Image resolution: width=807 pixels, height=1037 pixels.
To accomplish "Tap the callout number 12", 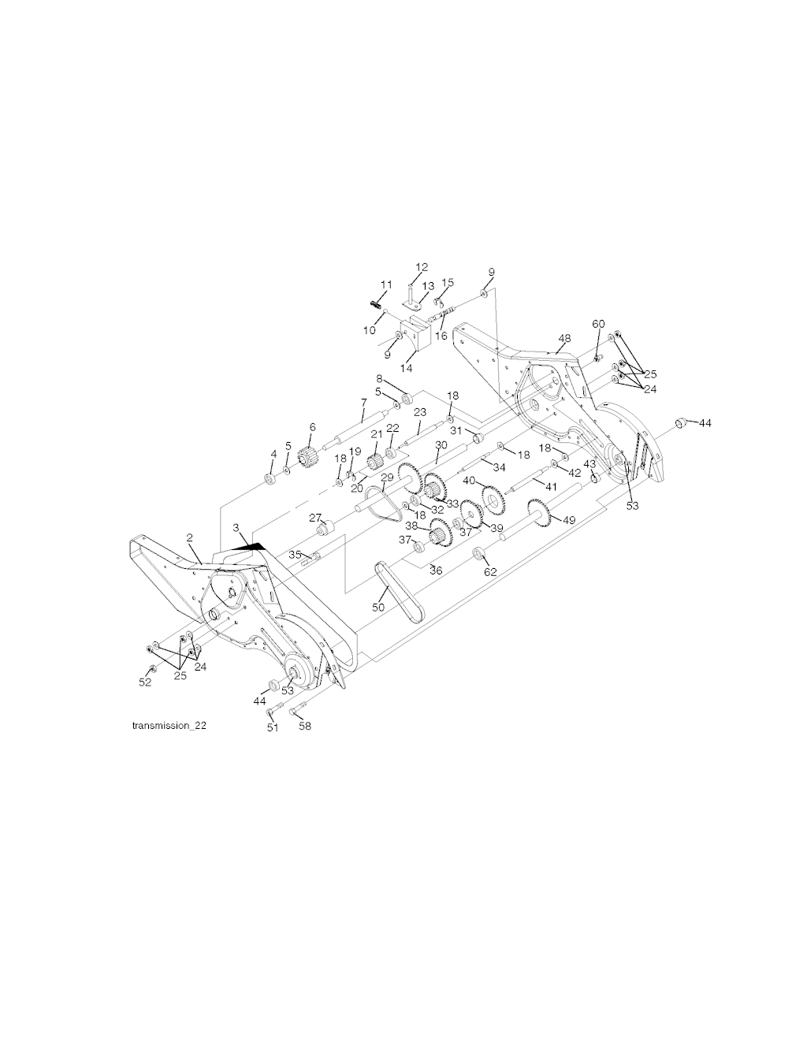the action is [x=422, y=267].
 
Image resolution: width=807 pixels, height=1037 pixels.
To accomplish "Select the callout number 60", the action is [x=598, y=324].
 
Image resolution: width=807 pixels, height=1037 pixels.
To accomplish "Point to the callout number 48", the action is [x=564, y=338].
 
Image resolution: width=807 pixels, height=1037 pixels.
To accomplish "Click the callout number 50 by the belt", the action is [x=378, y=607].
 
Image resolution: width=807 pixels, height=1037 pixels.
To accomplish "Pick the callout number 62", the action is [x=491, y=572].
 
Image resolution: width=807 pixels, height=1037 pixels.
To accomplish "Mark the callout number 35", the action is [x=296, y=555].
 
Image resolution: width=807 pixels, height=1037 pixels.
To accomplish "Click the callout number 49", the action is [x=569, y=520].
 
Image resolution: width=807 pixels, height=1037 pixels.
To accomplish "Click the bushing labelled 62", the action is [x=478, y=554].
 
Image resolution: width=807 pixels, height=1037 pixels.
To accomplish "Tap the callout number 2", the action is [x=189, y=537].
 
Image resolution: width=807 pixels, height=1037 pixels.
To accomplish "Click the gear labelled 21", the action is [x=374, y=462].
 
